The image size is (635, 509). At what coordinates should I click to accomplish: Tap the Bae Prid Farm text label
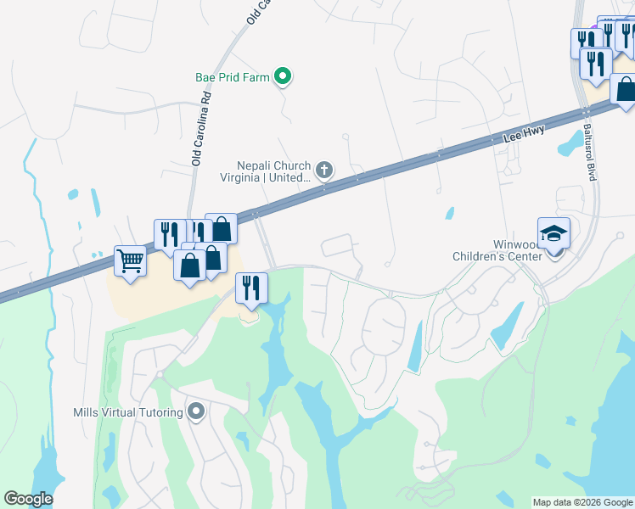232,77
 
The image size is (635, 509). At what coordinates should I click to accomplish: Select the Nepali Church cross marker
323,171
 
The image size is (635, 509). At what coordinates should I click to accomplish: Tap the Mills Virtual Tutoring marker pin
197,413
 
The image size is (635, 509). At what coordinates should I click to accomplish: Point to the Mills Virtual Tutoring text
128,413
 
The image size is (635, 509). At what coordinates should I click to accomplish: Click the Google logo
28,499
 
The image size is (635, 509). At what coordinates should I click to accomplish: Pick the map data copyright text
582,502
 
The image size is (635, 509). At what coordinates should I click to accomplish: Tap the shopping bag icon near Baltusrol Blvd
625,89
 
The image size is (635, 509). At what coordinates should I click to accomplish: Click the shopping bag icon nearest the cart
188,265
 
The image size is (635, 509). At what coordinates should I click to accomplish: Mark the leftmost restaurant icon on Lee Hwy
168,234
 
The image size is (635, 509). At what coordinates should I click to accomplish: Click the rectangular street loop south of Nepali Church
339,245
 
